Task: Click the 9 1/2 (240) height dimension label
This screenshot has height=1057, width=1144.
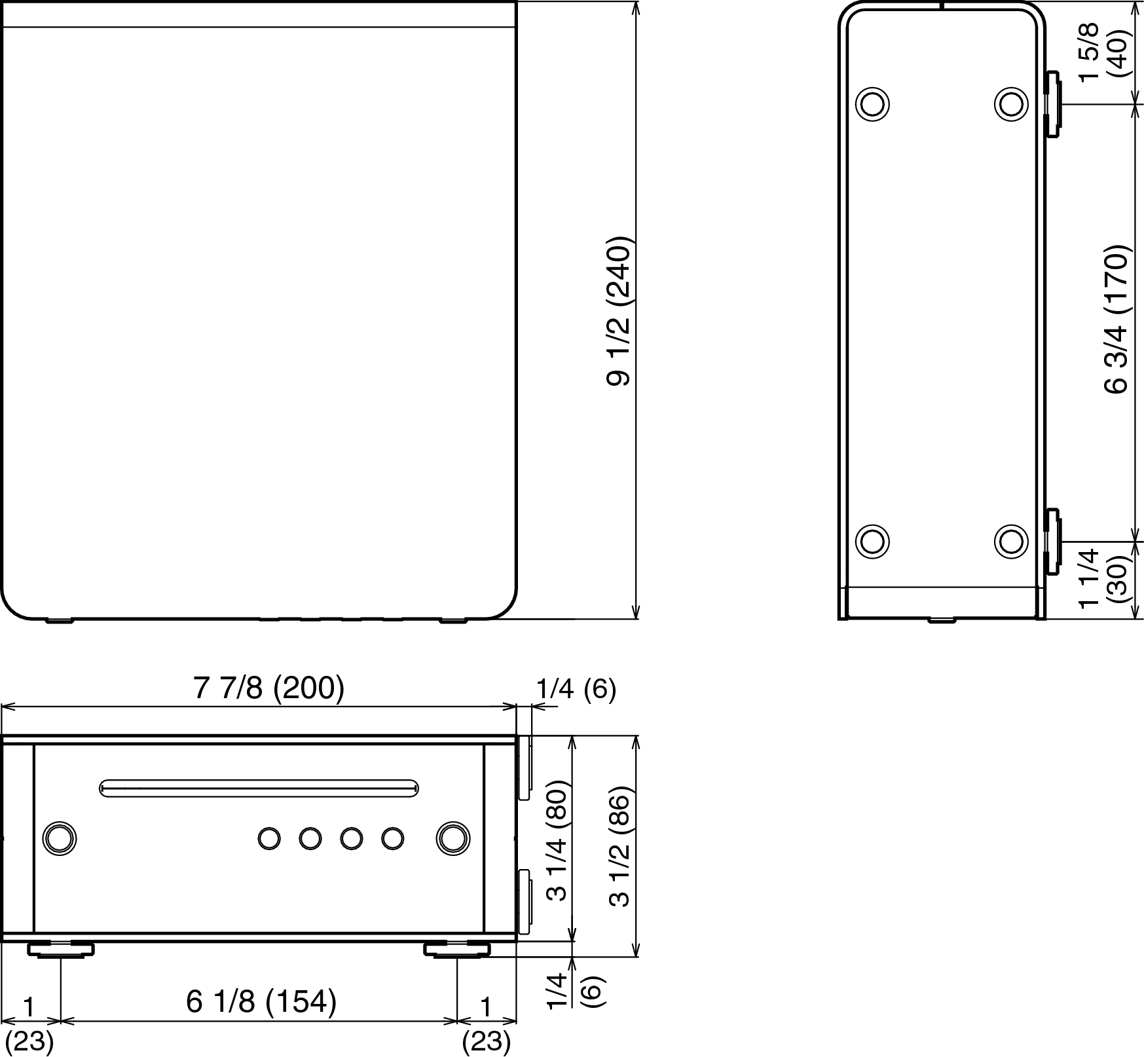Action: [618, 311]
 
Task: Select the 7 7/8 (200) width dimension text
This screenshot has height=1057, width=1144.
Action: [268, 688]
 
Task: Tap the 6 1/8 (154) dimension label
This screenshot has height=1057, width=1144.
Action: [261, 1001]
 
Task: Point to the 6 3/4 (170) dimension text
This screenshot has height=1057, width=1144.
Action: [1116, 320]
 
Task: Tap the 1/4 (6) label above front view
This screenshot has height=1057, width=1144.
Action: [576, 689]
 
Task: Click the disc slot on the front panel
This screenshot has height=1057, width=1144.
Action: [259, 788]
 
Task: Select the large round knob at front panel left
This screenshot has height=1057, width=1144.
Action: [59, 838]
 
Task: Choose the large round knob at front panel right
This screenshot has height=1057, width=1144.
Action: [452, 838]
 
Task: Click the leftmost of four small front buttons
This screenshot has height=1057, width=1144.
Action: [269, 838]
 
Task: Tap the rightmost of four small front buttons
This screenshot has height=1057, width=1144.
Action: [392, 838]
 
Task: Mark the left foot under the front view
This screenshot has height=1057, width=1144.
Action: [60, 948]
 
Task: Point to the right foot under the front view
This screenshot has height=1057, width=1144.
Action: [457, 948]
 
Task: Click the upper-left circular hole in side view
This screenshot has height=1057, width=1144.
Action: [872, 104]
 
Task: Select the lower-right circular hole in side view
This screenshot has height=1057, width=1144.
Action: [1010, 541]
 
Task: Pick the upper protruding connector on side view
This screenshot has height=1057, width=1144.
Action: [1052, 105]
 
